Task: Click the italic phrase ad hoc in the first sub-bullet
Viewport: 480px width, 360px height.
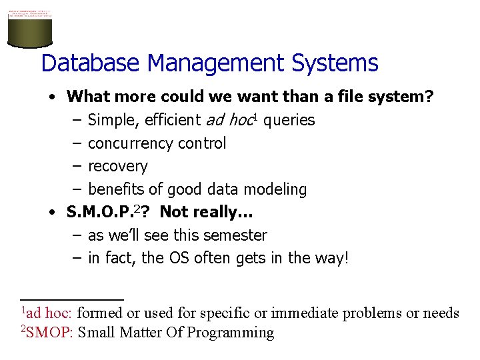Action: click(229, 120)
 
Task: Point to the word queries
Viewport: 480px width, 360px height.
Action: click(289, 120)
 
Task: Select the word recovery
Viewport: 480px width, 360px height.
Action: click(118, 166)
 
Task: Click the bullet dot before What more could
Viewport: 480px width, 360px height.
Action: click(52, 97)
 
